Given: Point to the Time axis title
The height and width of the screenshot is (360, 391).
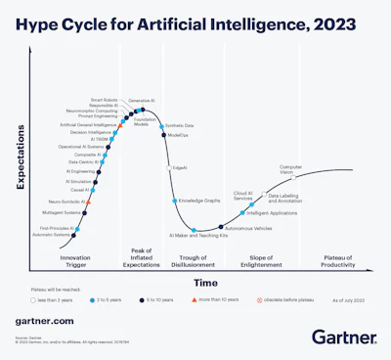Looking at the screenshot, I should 205,282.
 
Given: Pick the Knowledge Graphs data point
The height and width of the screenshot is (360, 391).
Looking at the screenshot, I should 176,201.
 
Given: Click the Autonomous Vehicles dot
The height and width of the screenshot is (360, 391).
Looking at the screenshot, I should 221,228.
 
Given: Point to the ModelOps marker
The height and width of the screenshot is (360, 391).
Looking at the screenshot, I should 163,136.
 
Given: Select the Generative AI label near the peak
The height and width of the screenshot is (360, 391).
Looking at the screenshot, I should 143,101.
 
